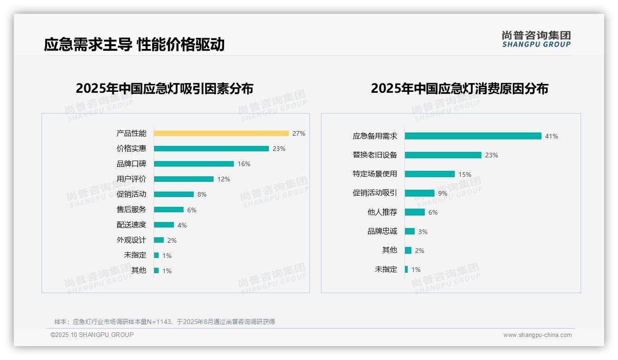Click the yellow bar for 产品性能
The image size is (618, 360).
click(221, 133)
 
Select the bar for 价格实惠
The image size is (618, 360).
click(211, 149)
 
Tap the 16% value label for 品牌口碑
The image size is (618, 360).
click(244, 164)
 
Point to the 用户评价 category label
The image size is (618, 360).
click(131, 179)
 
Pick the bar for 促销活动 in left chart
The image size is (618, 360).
click(174, 194)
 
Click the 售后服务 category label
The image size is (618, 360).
click(131, 210)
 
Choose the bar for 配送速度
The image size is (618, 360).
click(164, 225)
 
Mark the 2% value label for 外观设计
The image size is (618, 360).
click(172, 240)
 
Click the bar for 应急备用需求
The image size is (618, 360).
click(473, 136)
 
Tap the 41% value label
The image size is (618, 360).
click(552, 136)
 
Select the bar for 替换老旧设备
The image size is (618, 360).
click(443, 155)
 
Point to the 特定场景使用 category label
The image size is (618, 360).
click(374, 174)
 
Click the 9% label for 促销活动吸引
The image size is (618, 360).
click(443, 193)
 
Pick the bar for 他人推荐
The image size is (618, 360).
click(415, 212)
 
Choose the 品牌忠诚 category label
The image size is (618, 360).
click(382, 231)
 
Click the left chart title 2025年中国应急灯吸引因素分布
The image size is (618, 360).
click(165, 89)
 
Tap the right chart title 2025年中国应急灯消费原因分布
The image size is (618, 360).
click(459, 89)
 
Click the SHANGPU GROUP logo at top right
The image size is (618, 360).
click(536, 39)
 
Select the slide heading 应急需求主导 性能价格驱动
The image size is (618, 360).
click(134, 45)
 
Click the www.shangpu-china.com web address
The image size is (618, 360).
click(537, 335)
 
